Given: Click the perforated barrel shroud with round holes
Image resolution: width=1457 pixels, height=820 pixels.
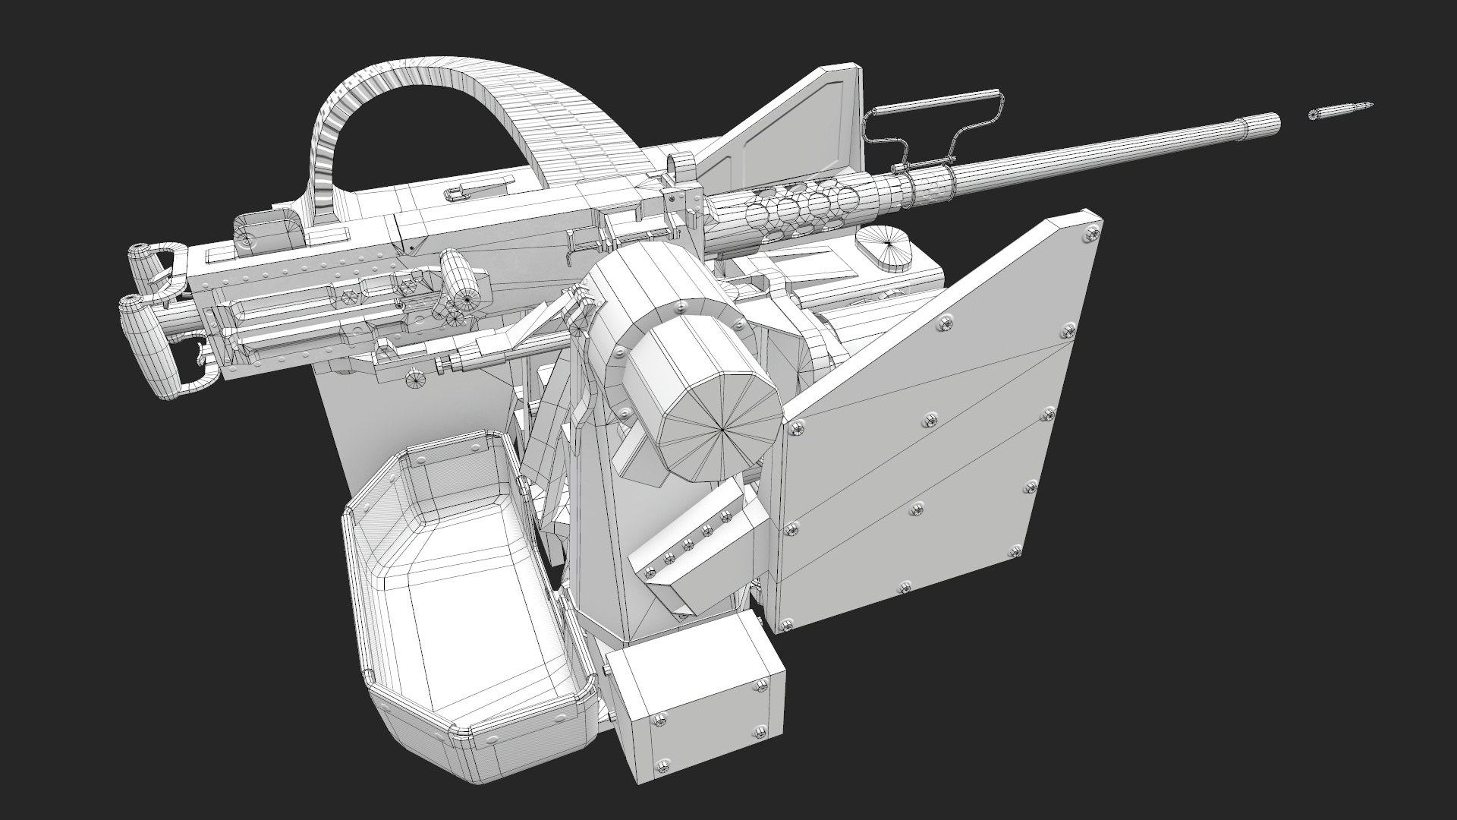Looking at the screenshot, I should pos(804,206).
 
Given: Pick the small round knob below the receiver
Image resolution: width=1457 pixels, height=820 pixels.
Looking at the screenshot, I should pos(416,380).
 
